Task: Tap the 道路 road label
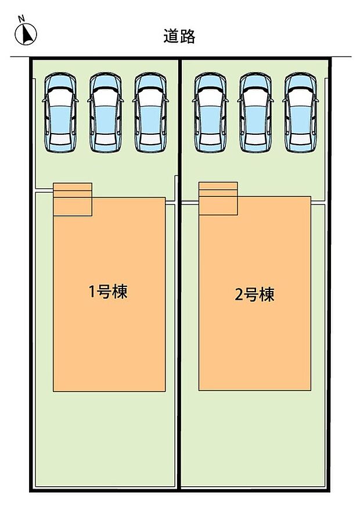pos(179,37)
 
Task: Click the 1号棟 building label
pos(108,292)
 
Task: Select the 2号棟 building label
pos(254,295)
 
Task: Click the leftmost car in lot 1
pos(60,113)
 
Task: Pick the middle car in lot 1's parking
pos(105,113)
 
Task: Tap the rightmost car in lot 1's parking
pos(151,113)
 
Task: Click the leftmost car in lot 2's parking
pos(210,113)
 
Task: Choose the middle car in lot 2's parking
pos(255,113)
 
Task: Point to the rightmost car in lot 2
pos(301,113)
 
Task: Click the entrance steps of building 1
pos(73,199)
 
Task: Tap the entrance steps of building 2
pos(218,198)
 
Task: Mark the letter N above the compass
pos(21,19)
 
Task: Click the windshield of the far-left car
pos(60,94)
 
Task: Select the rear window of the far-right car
pos(301,138)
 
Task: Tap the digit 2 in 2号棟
pos(238,295)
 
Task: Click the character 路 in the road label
pos(188,37)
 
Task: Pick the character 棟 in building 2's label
pos(267,295)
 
